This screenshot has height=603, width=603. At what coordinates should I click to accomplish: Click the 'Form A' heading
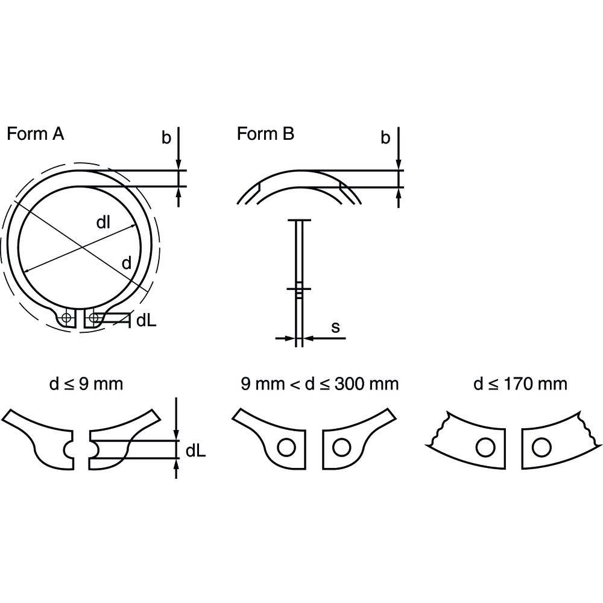(x=36, y=134)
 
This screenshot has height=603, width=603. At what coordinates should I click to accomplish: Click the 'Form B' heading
(x=265, y=134)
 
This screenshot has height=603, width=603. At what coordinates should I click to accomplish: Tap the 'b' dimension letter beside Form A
(x=166, y=137)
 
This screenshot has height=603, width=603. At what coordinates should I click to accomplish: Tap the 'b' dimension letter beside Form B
(x=385, y=137)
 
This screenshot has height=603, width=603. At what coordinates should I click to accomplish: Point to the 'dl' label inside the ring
(x=104, y=223)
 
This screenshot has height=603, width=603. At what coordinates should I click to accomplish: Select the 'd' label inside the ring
(x=127, y=263)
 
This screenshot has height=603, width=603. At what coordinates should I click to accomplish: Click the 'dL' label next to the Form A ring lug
(x=147, y=320)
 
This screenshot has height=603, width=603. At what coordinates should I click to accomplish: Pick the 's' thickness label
(x=336, y=327)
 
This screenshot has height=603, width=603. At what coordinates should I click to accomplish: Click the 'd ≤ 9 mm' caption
(x=86, y=384)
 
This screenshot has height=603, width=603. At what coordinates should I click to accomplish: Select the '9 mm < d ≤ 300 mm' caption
(x=320, y=384)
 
